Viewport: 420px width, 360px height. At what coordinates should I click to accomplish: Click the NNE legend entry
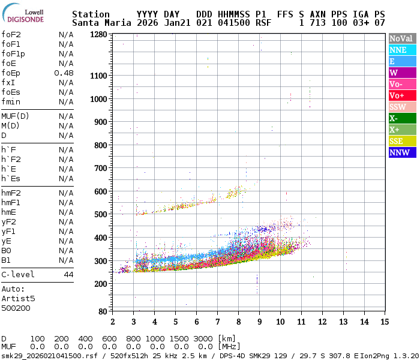(401, 50)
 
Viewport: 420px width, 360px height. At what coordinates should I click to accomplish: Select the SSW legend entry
(401, 107)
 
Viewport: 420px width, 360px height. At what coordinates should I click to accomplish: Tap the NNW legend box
(401, 152)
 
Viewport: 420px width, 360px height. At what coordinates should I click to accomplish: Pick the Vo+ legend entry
(401, 95)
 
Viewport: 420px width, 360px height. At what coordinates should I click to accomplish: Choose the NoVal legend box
(401, 38)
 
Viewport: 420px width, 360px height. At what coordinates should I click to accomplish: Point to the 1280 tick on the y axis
(98, 35)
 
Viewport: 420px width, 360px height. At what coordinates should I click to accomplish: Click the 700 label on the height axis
(101, 169)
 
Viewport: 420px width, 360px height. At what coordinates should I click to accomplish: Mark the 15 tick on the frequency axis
(385, 321)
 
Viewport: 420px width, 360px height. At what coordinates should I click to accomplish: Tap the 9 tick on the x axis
(259, 321)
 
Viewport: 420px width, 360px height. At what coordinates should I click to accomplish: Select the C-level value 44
(68, 274)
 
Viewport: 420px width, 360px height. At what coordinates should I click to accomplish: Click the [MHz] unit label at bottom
(230, 346)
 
